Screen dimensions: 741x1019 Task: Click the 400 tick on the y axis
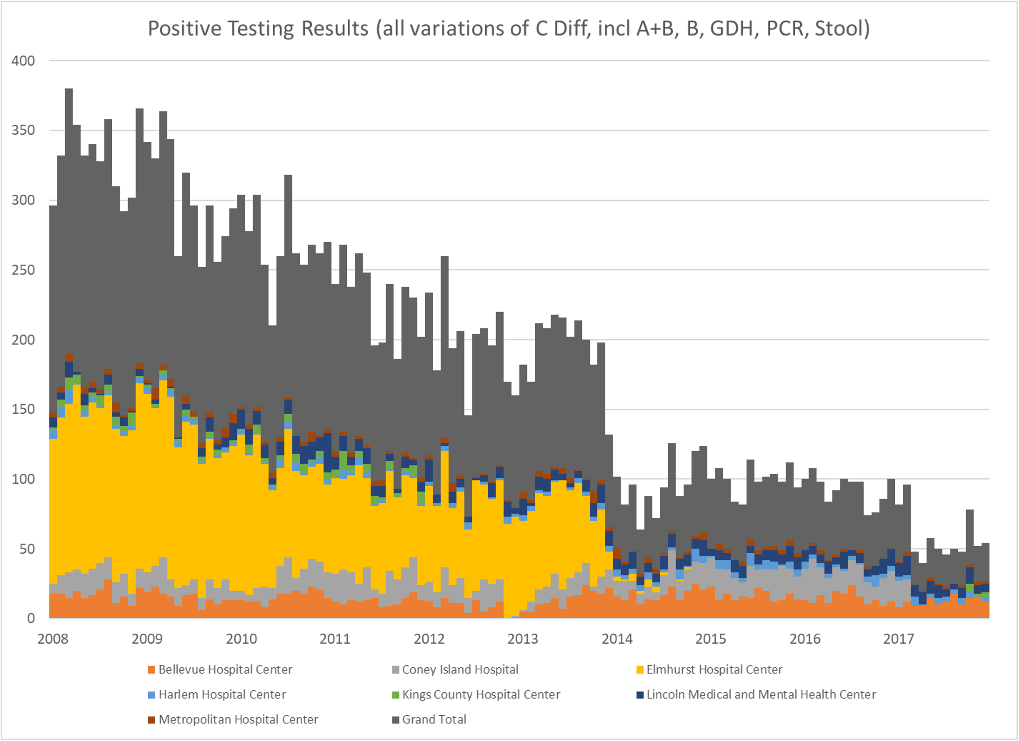pyautogui.click(x=23, y=61)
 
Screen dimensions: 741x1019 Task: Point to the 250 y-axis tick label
pyautogui.click(x=23, y=270)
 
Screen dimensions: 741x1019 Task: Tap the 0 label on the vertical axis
pyautogui.click(x=31, y=618)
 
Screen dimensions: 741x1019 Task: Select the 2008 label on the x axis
pyautogui.click(x=53, y=638)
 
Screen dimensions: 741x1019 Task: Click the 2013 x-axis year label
pyautogui.click(x=523, y=638)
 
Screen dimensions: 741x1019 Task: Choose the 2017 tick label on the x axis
pyautogui.click(x=898, y=638)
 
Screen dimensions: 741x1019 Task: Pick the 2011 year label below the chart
pyautogui.click(x=335, y=638)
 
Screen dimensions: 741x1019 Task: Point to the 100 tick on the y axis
pyautogui.click(x=23, y=479)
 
